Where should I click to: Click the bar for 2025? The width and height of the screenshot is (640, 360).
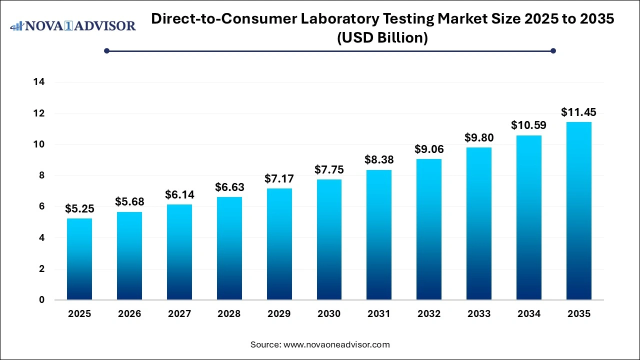pyautogui.click(x=79, y=259)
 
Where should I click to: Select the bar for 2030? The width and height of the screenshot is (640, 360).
pyautogui.click(x=329, y=239)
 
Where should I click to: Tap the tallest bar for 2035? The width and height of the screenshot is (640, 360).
pyautogui.click(x=579, y=211)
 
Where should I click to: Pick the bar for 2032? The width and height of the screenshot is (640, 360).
pyautogui.click(x=429, y=229)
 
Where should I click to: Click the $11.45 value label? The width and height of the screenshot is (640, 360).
pyautogui.click(x=578, y=112)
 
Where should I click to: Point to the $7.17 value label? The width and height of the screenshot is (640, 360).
pyautogui.click(x=279, y=178)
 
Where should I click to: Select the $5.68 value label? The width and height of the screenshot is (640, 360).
pyautogui.click(x=129, y=201)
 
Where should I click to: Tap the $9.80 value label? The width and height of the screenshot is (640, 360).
pyautogui.click(x=479, y=137)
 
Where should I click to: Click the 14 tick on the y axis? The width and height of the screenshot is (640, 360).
pyautogui.click(x=40, y=82)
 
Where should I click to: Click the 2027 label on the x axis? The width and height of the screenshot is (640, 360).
pyautogui.click(x=179, y=314)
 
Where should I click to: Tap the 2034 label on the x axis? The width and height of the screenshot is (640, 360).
pyautogui.click(x=529, y=314)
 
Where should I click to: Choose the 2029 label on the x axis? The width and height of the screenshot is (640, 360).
pyautogui.click(x=279, y=314)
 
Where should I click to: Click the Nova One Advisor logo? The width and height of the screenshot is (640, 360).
pyautogui.click(x=73, y=25)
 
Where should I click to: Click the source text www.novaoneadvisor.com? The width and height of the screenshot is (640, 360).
pyautogui.click(x=336, y=344)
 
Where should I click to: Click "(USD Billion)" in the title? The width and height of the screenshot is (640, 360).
pyautogui.click(x=382, y=38)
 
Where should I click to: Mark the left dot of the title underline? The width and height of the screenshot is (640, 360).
pyautogui.click(x=106, y=50)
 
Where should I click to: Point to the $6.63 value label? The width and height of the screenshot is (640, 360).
pyautogui.click(x=229, y=187)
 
